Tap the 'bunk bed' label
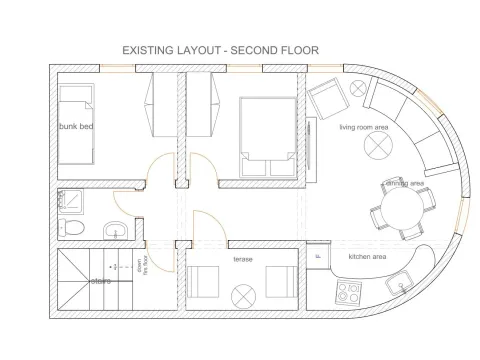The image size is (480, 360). pos(74,127)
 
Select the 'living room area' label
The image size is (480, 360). pos(363,127)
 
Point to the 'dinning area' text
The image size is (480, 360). pos(404,184)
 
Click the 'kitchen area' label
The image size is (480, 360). pos(366,257)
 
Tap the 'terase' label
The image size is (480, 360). pos(242,258)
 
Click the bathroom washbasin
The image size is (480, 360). pos(116,231)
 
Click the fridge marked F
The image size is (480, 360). pos(319,255)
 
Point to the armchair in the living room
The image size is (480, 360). pos(326,99)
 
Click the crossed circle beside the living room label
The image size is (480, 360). pos(379,146)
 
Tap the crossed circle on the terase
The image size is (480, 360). pos(242,296)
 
